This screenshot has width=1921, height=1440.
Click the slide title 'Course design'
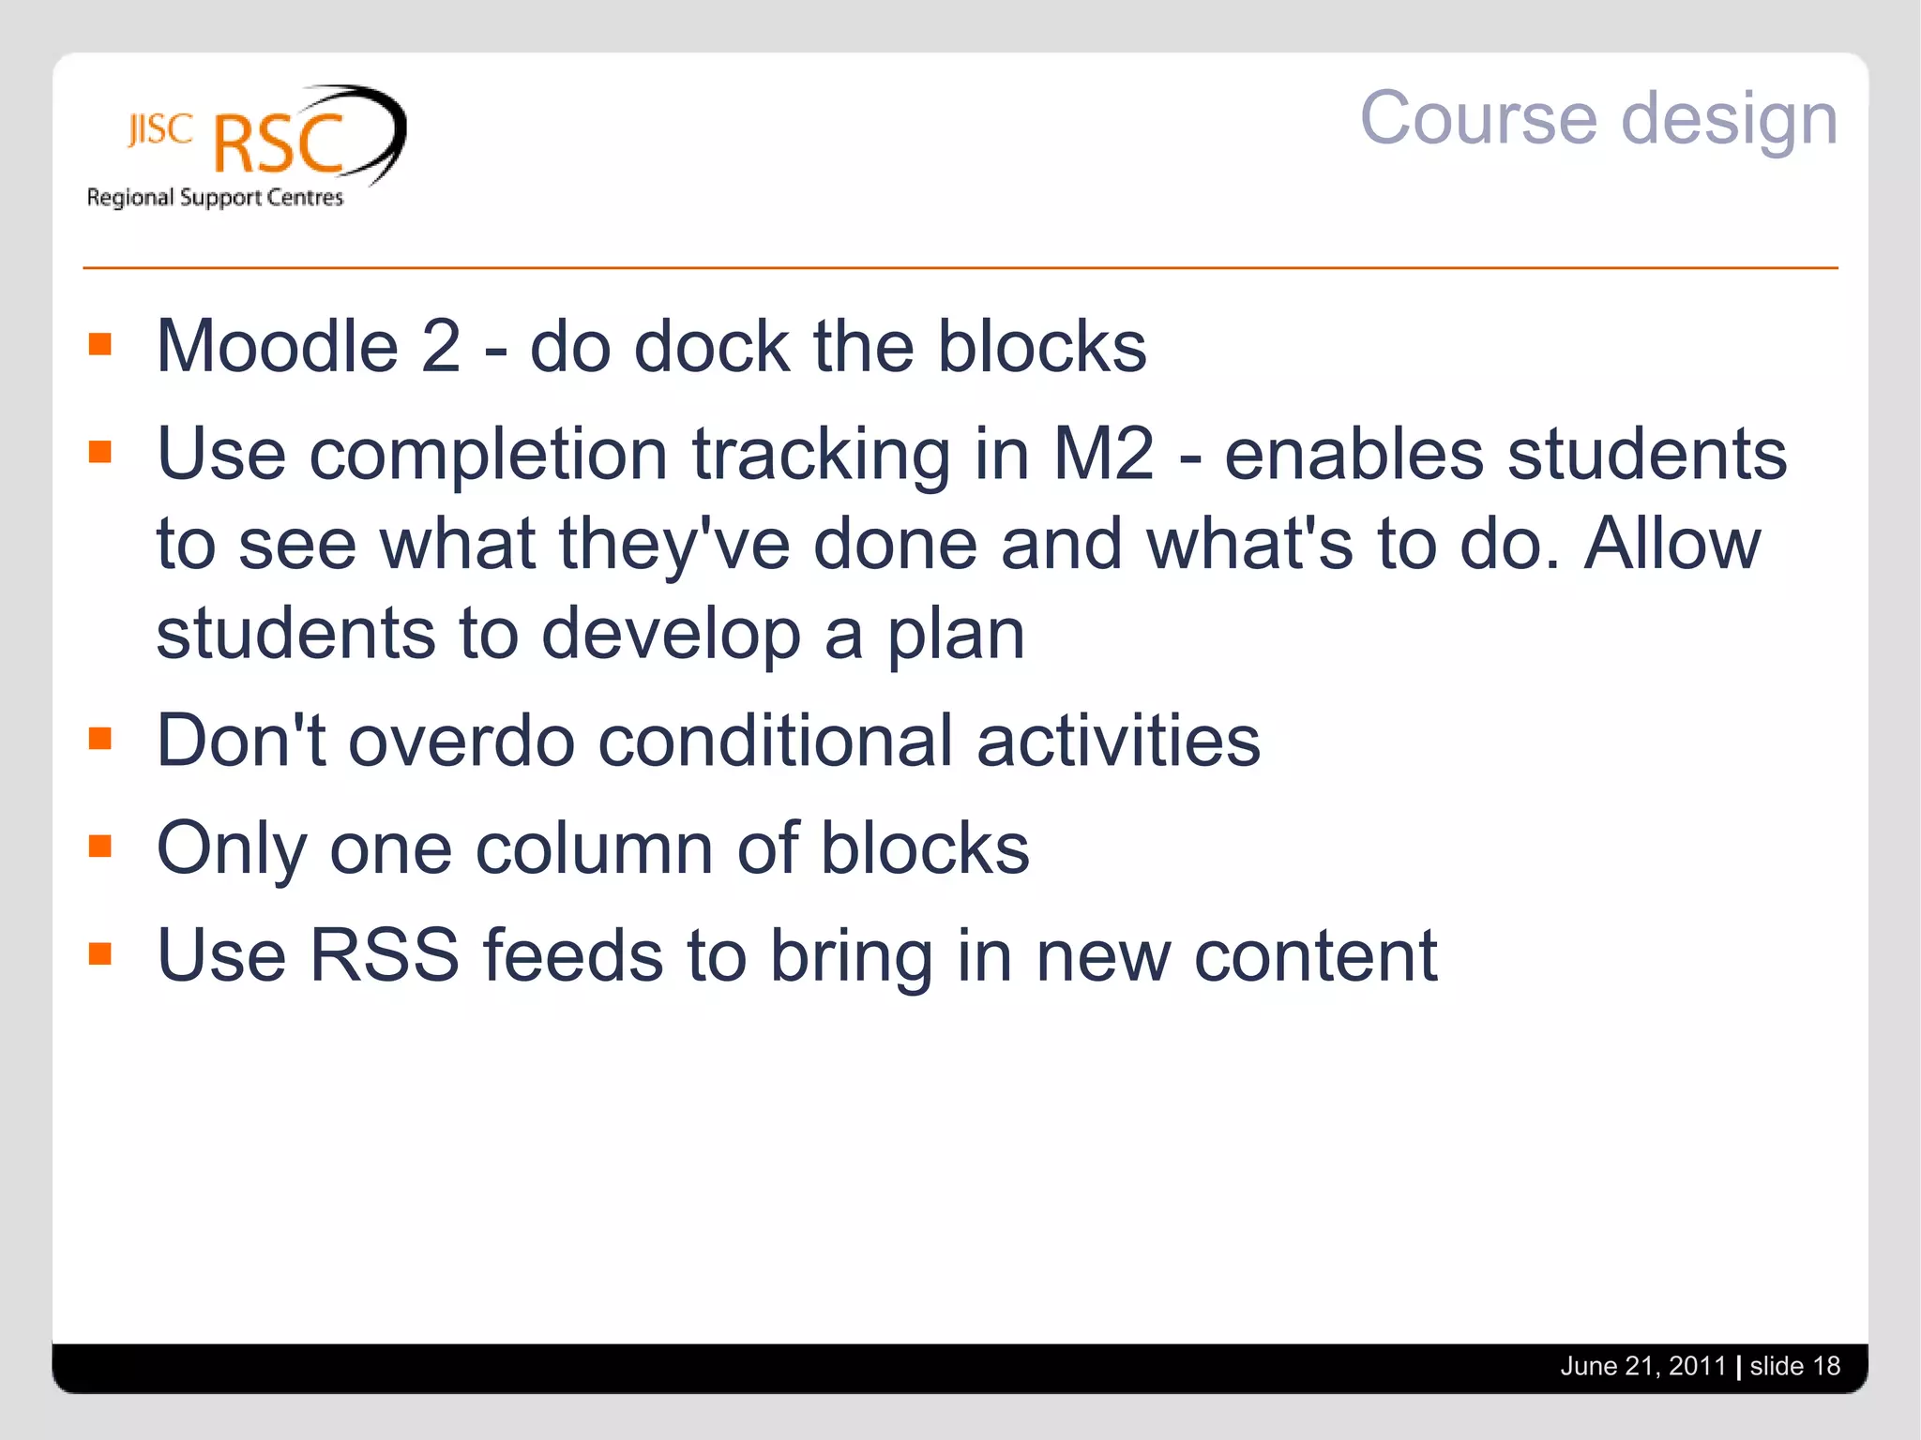[1598, 119]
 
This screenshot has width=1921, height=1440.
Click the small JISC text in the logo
[160, 130]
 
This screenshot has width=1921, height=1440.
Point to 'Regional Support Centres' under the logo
[215, 198]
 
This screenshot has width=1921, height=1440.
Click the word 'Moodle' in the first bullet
[278, 346]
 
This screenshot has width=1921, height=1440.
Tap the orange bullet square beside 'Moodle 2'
[100, 345]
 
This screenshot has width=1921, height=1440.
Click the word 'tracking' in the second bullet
[821, 455]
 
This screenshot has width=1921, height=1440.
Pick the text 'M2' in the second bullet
[1104, 455]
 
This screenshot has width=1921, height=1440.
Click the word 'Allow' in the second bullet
[1672, 544]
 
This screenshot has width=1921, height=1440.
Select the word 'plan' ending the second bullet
[956, 635]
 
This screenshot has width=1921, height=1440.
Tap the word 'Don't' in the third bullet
[241, 741]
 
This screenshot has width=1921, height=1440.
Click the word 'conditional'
[775, 741]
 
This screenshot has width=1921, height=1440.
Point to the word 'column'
[595, 848]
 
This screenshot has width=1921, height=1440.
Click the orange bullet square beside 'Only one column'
[100, 847]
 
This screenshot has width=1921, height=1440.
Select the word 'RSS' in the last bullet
[384, 955]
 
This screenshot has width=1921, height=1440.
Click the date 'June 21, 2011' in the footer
[1642, 1366]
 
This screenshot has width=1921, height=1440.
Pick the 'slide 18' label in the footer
[1795, 1366]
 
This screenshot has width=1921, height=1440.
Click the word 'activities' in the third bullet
[1118, 741]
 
